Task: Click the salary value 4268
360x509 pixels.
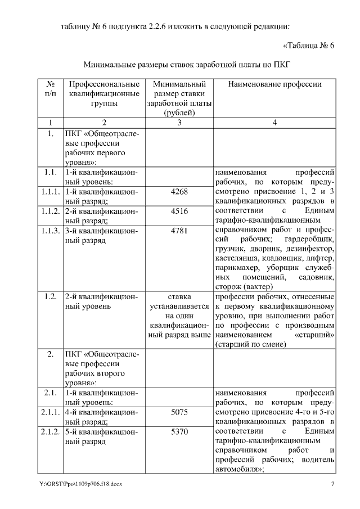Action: click(179, 192)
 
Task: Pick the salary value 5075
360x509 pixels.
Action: click(179, 412)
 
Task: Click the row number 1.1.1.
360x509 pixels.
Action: click(51, 192)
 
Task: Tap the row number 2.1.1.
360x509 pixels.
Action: click(51, 412)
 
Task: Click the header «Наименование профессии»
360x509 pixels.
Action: click(274, 84)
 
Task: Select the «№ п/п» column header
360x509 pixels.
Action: click(51, 89)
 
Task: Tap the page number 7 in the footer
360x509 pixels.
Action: click(333, 484)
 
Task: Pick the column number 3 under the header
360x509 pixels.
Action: click(179, 123)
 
